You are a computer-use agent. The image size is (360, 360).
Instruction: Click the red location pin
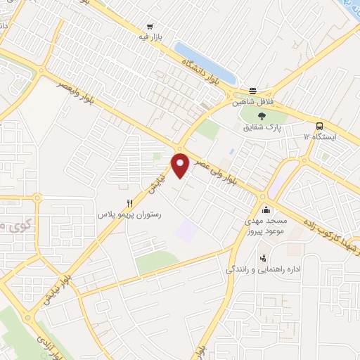(181, 165)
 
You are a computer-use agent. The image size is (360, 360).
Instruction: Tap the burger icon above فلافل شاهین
(252, 91)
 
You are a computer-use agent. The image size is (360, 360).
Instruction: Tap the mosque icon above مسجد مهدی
(266, 209)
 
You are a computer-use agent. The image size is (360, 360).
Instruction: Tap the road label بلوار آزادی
(55, 345)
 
